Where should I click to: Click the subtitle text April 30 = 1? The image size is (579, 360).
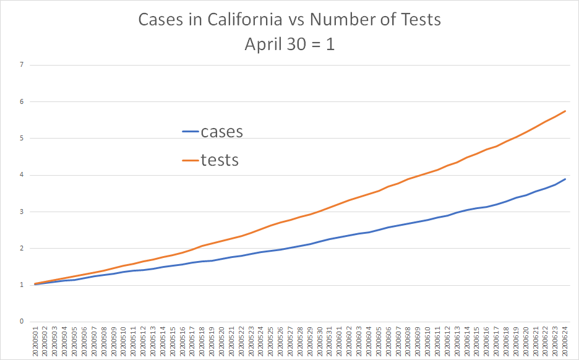[289, 45]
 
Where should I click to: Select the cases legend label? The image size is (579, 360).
[221, 131]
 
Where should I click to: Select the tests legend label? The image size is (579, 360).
[220, 160]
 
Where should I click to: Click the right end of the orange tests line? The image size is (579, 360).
[565, 111]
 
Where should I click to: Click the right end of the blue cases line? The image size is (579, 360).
[565, 179]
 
